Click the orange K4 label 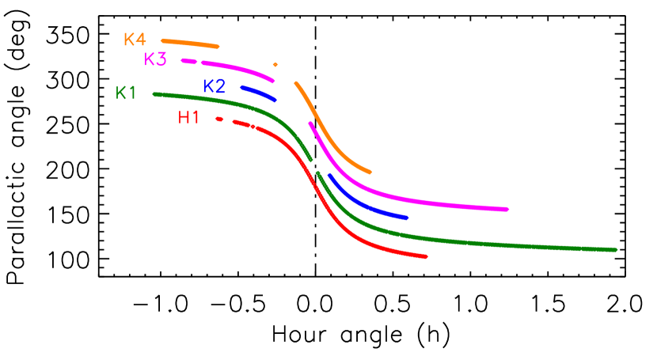pyautogui.click(x=135, y=40)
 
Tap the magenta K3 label pyautogui.click(x=155, y=59)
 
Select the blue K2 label pyautogui.click(x=214, y=86)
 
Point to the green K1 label pyautogui.click(x=126, y=93)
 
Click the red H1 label pyautogui.click(x=188, y=118)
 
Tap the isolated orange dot pyautogui.click(x=275, y=65)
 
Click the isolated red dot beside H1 pyautogui.click(x=219, y=119)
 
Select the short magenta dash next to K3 pyautogui.click(x=188, y=61)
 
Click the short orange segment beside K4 pyautogui.click(x=190, y=43)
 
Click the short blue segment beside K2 pyautogui.click(x=259, y=93)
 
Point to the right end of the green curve pyautogui.click(x=615, y=250)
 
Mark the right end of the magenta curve pyautogui.click(x=507, y=209)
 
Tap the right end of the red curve pyautogui.click(x=426, y=256)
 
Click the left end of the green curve pyautogui.click(x=154, y=94)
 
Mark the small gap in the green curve pyautogui.click(x=314, y=167)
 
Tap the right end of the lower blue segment pyautogui.click(x=406, y=218)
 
